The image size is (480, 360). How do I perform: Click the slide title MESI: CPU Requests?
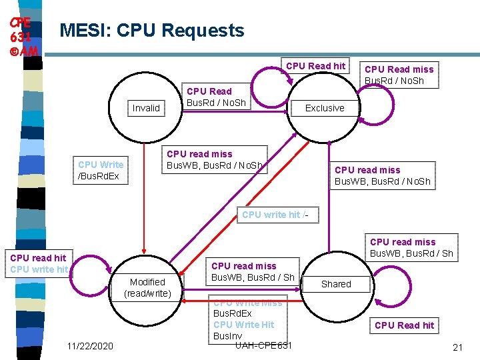pos(152,31)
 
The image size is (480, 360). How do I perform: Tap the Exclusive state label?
pos(325,108)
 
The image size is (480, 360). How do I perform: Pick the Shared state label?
pos(336,284)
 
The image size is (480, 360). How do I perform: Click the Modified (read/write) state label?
pos(147,288)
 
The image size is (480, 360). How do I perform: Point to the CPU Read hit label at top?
pos(315,65)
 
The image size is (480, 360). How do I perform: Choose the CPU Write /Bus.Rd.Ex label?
pos(101,170)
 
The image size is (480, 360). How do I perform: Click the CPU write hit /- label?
pos(275,215)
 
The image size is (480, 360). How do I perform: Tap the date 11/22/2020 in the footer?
pos(90,346)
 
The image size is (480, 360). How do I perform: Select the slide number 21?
pos(457,347)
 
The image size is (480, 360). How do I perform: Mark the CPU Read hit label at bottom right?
pos(404,325)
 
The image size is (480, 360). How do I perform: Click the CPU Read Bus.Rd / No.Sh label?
pos(215,97)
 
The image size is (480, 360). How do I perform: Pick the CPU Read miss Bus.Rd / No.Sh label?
pos(399,75)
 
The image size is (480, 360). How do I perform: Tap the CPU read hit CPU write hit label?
pos(38,264)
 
